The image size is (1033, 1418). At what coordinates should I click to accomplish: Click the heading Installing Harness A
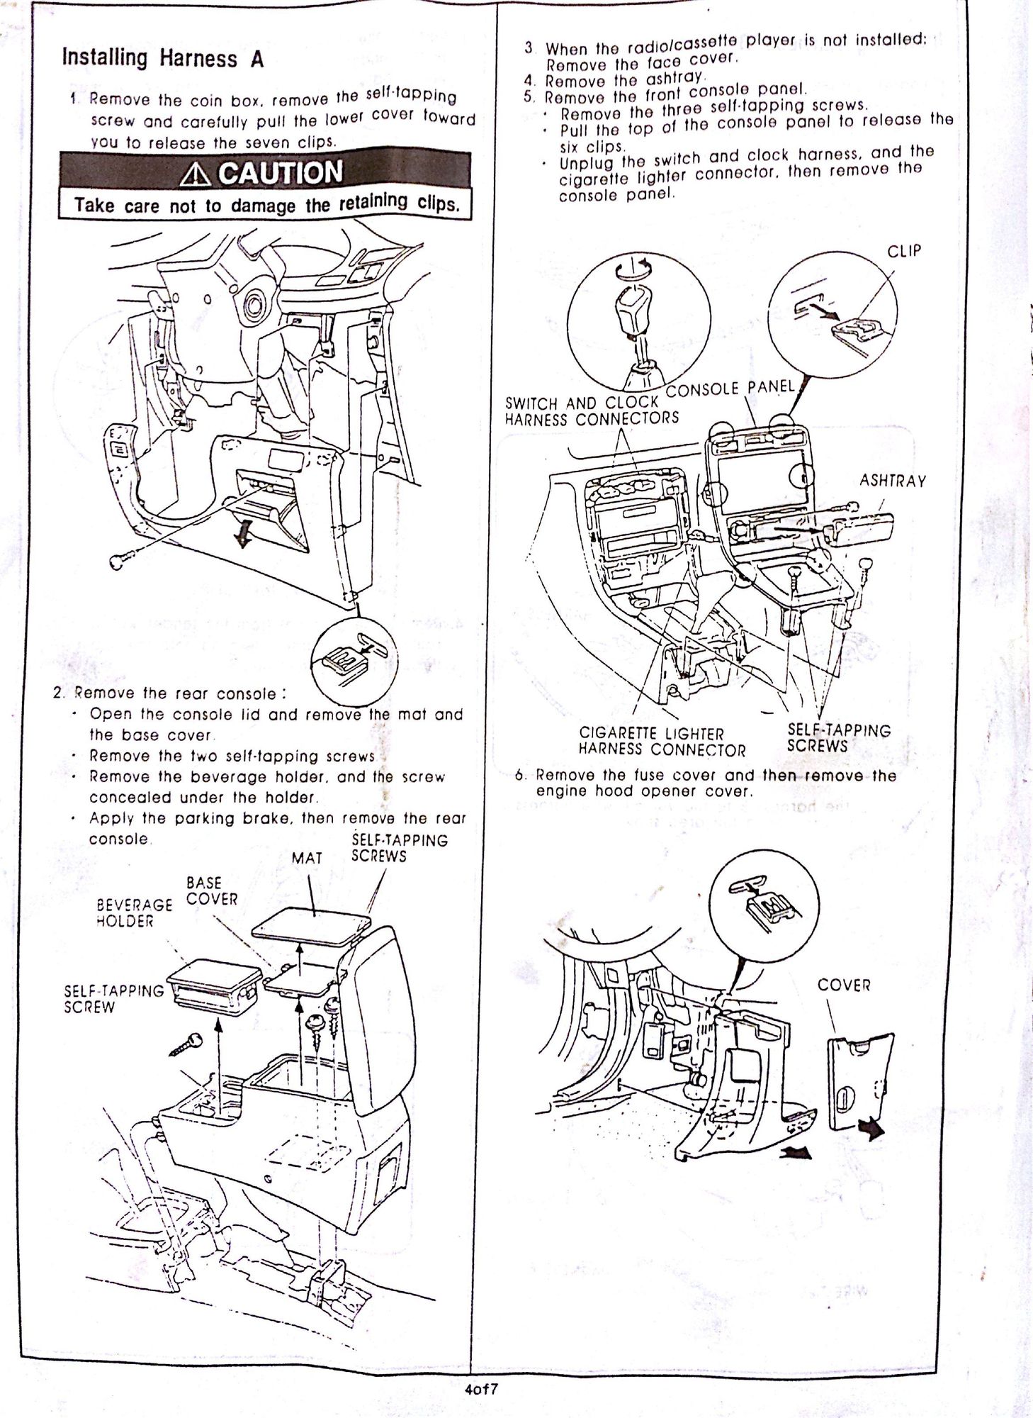163,58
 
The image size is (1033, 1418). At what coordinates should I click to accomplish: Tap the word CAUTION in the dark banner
281,172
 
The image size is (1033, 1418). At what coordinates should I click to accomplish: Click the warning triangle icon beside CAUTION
196,174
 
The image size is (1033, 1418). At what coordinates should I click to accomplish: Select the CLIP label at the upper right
903,251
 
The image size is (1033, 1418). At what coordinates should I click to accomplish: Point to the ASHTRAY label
893,481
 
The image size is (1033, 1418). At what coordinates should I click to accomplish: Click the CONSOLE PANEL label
730,389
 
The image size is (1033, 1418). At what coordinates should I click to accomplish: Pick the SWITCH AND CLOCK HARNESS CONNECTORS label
592,411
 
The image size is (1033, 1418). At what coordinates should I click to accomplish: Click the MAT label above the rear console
307,859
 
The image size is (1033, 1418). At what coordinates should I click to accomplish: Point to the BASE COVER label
212,891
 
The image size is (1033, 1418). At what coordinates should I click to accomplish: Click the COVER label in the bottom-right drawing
843,986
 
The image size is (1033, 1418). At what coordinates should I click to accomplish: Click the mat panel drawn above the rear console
311,925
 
